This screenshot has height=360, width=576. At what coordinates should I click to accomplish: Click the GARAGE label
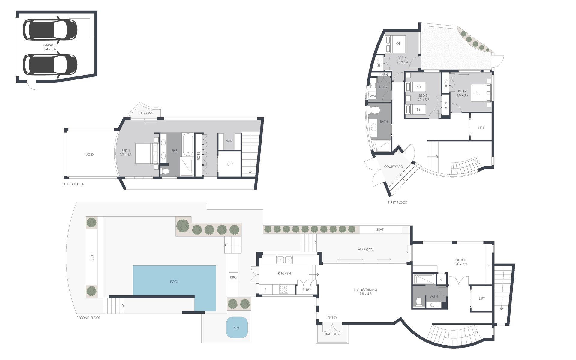50,45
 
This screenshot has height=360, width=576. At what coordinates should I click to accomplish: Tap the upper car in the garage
50,29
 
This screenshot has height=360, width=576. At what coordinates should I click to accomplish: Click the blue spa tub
237,328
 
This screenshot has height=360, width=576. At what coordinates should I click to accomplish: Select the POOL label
174,282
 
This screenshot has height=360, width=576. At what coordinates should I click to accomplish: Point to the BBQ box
233,277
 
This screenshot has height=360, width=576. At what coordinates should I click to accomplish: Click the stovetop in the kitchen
284,289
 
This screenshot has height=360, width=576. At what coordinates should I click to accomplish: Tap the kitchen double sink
284,260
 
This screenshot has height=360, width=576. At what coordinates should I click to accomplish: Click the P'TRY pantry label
307,290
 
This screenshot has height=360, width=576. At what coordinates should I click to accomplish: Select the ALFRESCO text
365,249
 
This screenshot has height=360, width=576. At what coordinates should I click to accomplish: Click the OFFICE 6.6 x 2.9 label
460,262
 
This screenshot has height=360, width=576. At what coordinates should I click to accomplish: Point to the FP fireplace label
488,265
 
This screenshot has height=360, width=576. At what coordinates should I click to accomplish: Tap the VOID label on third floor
90,154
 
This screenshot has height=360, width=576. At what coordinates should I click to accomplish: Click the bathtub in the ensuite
188,145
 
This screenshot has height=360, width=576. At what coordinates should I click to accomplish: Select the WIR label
229,141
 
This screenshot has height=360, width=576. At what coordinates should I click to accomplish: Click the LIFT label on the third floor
230,164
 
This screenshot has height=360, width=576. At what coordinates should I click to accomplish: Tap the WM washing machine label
373,96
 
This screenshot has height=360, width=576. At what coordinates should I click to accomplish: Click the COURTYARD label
394,167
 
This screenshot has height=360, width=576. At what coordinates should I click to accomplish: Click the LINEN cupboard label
383,75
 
